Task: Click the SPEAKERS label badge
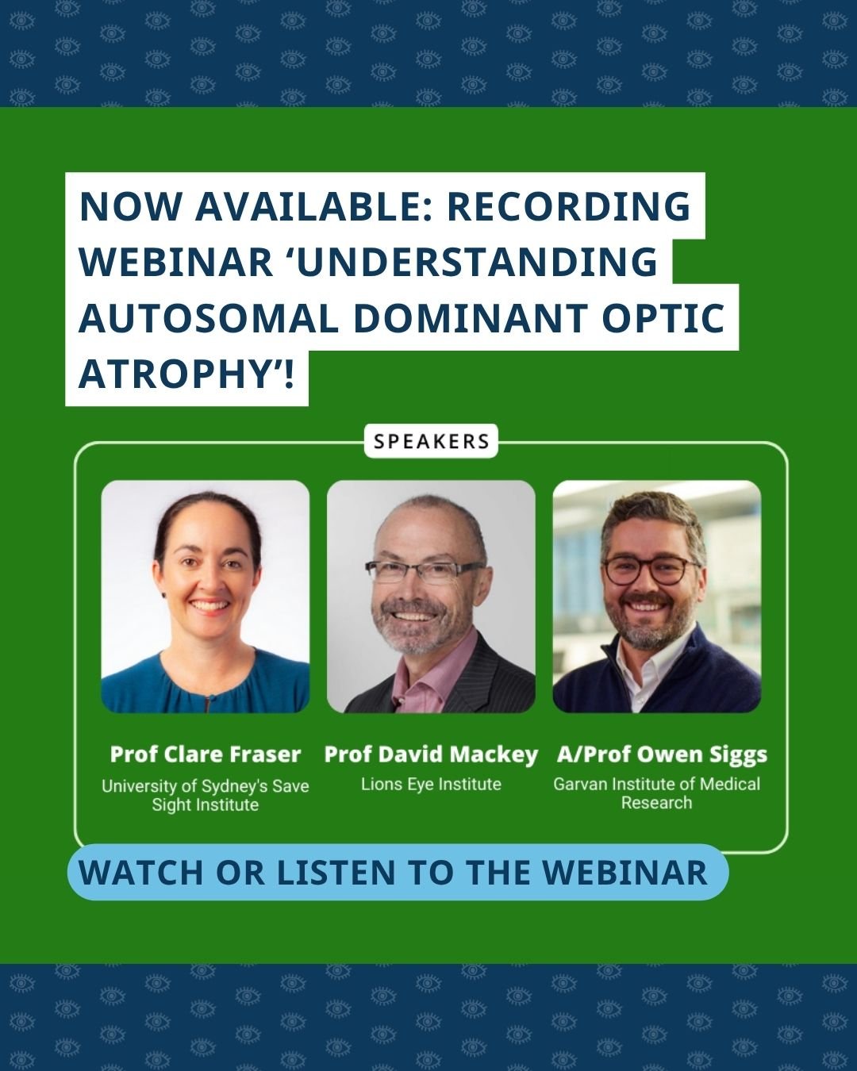[x=431, y=442]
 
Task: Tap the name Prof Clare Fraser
[x=206, y=754]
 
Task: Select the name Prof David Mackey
[x=431, y=754]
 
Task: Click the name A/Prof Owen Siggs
[x=661, y=754]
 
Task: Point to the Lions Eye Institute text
[x=431, y=784]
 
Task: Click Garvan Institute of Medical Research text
[x=656, y=793]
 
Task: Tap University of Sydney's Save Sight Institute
[x=205, y=795]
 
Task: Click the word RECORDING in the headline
[x=568, y=206]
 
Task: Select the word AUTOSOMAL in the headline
[x=209, y=318]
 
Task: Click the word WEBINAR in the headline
[x=176, y=263]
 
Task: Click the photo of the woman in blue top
[x=205, y=596]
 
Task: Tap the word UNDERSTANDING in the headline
[x=477, y=263]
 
